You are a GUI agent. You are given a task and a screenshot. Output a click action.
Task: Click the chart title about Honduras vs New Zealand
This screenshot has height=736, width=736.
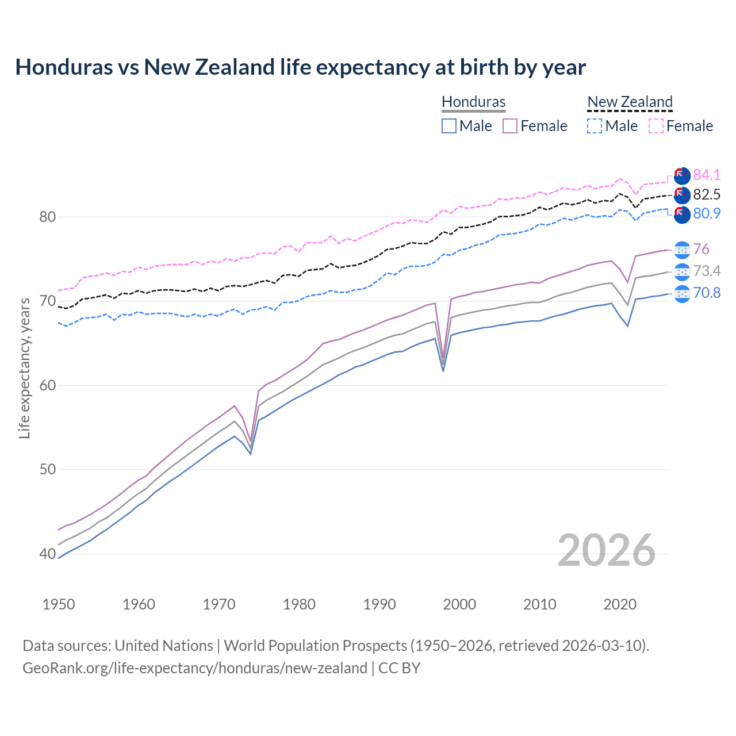pos(300,67)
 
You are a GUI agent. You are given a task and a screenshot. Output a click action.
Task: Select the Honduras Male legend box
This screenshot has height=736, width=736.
pos(449,126)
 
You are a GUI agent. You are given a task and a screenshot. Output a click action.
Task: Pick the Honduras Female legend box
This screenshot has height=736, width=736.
pos(510,126)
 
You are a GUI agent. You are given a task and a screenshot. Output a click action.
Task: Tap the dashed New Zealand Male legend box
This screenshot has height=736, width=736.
pos(595,126)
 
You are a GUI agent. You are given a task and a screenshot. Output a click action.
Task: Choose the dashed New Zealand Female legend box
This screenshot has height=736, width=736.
pos(656,126)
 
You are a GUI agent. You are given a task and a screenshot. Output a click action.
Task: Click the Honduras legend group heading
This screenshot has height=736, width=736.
pos(473,102)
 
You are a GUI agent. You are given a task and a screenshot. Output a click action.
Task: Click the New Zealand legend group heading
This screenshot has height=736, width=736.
pos(630,102)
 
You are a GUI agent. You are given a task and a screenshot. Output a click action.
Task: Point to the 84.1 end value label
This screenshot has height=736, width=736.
pos(707,175)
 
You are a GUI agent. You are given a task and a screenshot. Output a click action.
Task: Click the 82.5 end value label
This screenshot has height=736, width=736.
pos(707,194)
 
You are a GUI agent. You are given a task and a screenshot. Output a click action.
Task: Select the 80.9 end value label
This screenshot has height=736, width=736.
pos(707,213)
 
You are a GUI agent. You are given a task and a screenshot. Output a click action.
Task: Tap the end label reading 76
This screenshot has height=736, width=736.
pos(701,249)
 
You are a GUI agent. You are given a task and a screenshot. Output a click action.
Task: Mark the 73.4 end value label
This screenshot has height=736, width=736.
pos(707,271)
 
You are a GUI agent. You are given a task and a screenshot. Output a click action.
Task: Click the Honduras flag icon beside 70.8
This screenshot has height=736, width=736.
pos(682,293)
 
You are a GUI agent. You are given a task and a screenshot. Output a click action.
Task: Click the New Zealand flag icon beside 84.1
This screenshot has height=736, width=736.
pos(682,175)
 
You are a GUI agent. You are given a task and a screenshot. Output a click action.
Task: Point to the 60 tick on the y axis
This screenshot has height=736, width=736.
pos(48,385)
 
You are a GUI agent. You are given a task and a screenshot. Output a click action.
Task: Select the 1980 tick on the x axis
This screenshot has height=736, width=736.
pos(300,604)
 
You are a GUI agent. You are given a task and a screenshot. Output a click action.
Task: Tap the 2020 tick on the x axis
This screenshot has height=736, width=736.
pos(620,604)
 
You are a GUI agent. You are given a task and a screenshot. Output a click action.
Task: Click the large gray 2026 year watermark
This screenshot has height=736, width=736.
pos(606,550)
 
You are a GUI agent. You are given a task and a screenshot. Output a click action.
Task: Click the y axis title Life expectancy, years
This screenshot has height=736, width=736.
pos(25,368)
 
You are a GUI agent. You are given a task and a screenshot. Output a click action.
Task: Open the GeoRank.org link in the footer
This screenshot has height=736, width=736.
pos(194,668)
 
